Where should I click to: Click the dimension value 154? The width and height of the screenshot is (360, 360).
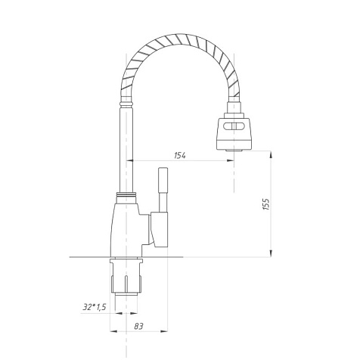coord(180,156)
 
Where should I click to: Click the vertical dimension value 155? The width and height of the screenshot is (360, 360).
coord(266,204)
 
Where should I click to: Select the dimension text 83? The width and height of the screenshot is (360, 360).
coord(138,326)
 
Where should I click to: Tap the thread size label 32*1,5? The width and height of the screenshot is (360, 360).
coord(95,307)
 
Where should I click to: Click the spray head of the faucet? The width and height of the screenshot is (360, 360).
coord(234,133)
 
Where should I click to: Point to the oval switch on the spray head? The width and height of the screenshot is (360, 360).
coord(234,126)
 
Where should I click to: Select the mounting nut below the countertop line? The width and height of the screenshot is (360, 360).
coord(126,277)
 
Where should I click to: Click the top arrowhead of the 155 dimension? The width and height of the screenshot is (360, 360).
coord(271,154)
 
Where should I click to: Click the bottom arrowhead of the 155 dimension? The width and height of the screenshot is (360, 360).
coord(271,253)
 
